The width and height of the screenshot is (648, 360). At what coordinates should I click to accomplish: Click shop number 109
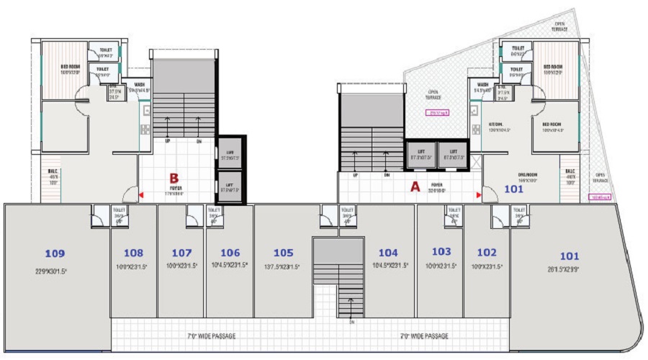55,253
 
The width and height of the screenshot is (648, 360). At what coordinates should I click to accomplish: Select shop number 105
284,253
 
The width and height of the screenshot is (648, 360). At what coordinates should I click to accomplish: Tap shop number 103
441,251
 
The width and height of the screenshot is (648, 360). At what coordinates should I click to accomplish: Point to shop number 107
181,253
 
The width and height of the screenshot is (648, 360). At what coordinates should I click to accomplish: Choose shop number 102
487,253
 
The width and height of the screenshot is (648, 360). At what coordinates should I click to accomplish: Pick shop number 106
230,253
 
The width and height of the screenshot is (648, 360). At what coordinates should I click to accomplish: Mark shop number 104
388,253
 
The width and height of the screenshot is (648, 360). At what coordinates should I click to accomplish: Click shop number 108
133,253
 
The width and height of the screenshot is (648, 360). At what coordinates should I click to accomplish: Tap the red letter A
414,186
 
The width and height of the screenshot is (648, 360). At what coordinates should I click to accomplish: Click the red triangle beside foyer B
141,195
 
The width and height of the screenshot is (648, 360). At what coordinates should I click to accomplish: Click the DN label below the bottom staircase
352,322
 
